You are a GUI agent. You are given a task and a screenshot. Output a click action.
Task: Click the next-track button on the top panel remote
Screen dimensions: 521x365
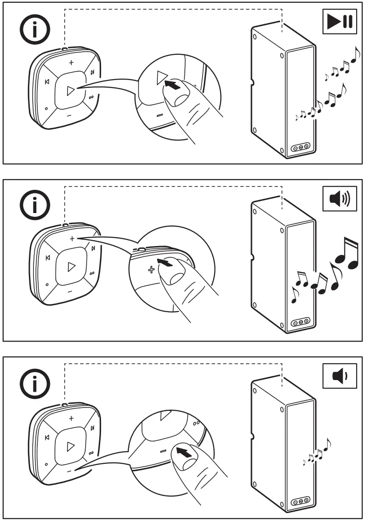tap(93, 72)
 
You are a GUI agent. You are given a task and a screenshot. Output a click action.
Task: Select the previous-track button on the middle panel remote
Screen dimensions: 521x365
tap(47, 258)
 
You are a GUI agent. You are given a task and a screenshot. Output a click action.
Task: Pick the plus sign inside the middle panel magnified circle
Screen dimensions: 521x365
tap(151, 269)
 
